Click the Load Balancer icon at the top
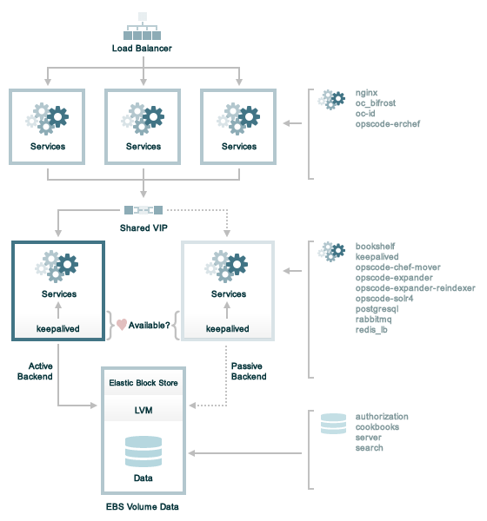(x=142, y=26)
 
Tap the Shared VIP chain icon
(x=143, y=210)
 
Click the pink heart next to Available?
(x=122, y=325)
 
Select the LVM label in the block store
(x=143, y=411)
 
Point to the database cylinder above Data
(x=143, y=452)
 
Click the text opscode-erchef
(x=388, y=124)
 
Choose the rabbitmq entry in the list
(x=373, y=320)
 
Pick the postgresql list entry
(x=377, y=309)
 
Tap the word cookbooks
(x=377, y=427)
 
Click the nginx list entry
(x=366, y=93)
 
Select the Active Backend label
(x=35, y=371)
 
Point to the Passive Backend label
(x=249, y=371)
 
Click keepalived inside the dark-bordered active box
(x=58, y=328)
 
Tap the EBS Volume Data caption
(x=142, y=507)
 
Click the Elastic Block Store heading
(x=143, y=383)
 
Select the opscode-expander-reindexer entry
(x=415, y=288)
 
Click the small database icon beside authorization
(x=333, y=424)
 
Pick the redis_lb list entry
(x=371, y=330)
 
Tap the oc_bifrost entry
(x=375, y=103)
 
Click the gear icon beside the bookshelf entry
(x=331, y=252)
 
